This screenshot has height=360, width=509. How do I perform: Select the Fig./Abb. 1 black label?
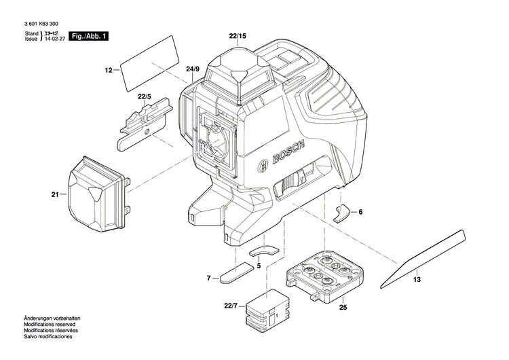click(90, 36)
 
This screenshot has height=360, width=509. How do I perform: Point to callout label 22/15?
click(238, 35)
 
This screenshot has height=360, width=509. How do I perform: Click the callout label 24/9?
click(193, 70)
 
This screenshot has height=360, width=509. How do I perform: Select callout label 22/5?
click(143, 98)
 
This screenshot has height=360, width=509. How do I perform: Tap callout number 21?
click(55, 194)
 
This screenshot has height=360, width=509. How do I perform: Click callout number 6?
click(360, 213)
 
